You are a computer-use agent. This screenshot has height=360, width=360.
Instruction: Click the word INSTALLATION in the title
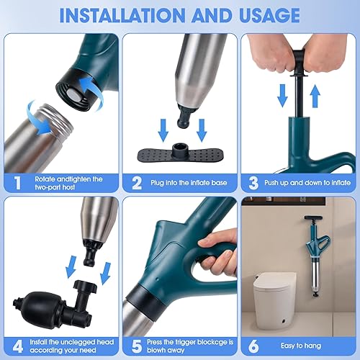(122, 15)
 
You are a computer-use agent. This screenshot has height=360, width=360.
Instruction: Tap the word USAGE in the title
(269, 15)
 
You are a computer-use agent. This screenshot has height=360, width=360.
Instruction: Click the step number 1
(17, 183)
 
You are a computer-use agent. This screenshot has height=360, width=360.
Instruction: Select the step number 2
(137, 183)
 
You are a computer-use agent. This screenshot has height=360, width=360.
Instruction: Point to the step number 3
(253, 183)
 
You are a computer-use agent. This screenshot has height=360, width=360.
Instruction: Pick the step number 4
(18, 346)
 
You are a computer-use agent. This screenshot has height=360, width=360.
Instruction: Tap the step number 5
(137, 346)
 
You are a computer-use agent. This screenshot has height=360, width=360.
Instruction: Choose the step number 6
(253, 346)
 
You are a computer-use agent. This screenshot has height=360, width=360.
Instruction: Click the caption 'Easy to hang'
(301, 346)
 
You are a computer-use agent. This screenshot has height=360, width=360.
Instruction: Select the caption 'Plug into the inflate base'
(189, 183)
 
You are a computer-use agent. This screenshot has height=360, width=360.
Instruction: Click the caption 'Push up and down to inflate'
(307, 183)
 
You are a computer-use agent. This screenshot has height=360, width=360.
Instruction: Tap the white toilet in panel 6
(275, 300)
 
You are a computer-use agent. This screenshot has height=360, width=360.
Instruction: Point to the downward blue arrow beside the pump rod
(282, 96)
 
